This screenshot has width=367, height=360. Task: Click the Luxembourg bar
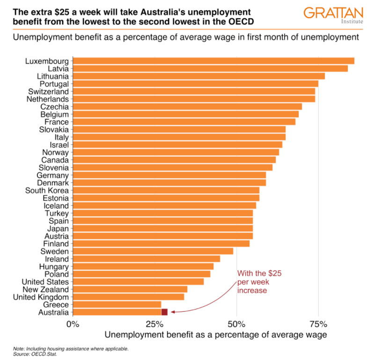(213, 61)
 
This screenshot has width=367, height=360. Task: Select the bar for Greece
(117, 305)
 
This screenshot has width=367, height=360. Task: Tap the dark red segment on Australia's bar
(164, 312)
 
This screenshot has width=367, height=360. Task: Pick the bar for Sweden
(153, 251)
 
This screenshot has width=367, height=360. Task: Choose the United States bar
(139, 282)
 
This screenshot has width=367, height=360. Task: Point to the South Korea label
(47, 191)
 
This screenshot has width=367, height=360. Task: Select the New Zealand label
(45, 289)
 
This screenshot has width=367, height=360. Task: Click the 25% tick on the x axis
(154, 324)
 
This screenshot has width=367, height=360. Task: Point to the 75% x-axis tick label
(318, 324)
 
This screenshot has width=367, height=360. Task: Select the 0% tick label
(73, 324)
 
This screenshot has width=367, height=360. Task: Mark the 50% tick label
(236, 324)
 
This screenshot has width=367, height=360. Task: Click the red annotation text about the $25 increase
(259, 282)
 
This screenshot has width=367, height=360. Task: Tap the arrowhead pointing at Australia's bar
(172, 311)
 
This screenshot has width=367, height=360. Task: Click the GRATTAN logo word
(330, 13)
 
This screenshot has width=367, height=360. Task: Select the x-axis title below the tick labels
(215, 335)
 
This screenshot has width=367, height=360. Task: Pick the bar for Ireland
(147, 259)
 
